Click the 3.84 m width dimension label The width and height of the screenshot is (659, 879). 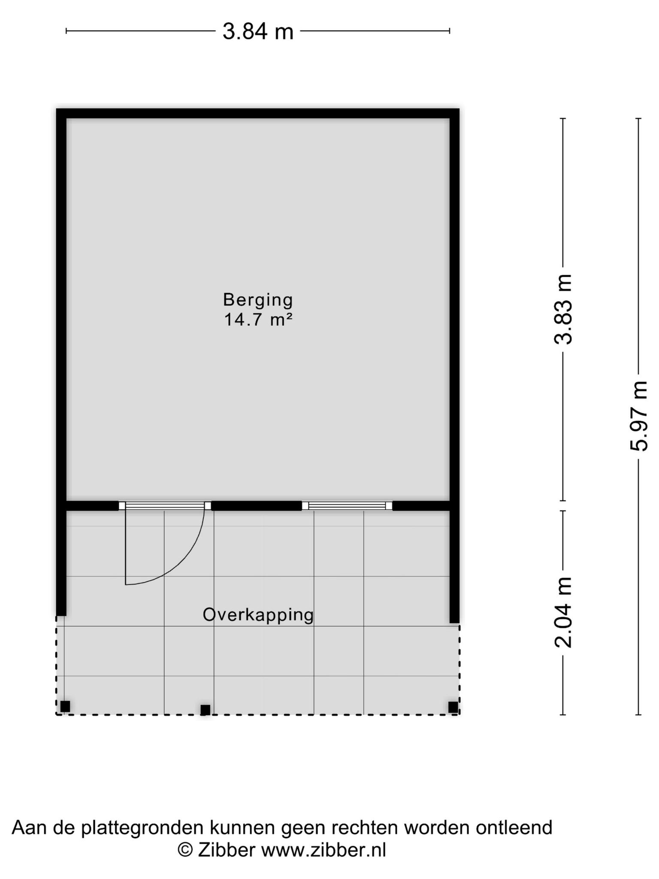[258, 32]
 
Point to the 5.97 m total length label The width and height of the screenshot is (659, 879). [638, 416]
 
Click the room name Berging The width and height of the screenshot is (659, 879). [258, 300]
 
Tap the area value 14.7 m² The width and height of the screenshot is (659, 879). [258, 320]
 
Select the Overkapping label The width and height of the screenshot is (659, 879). [258, 615]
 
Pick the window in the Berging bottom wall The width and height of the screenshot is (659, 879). [347, 506]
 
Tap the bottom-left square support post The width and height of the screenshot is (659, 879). [65, 706]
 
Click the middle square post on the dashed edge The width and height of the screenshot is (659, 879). [206, 710]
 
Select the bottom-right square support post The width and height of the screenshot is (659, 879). [453, 707]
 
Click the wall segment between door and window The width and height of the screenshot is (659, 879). [257, 506]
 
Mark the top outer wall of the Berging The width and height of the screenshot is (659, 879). [258, 113]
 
